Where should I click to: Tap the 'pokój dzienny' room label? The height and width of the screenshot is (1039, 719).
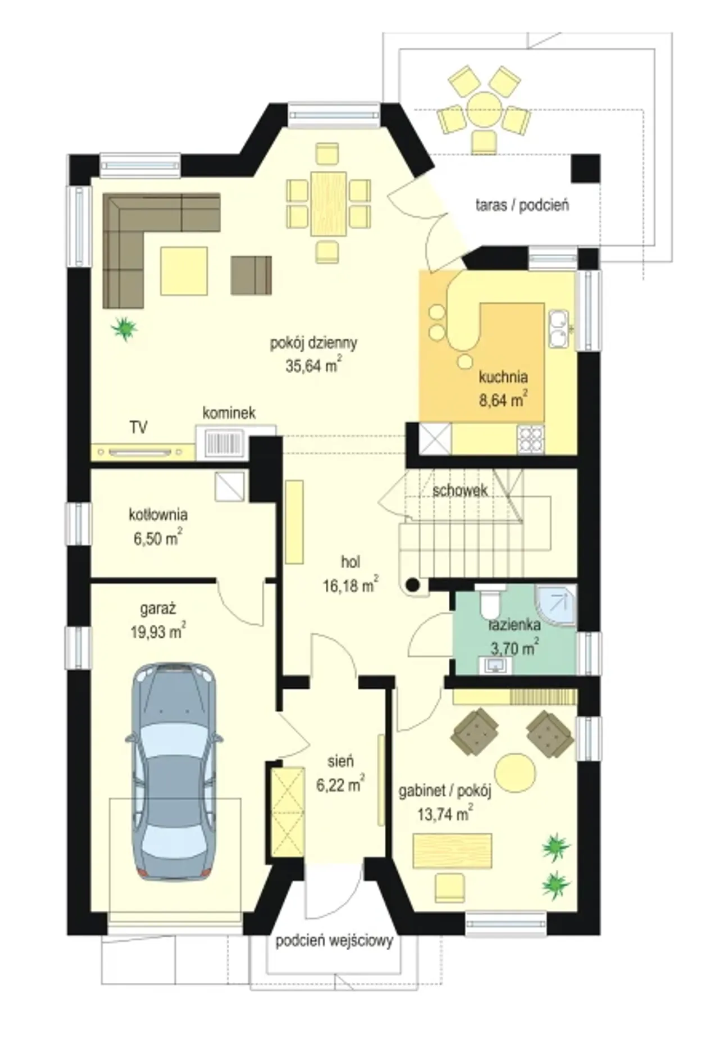point(313,343)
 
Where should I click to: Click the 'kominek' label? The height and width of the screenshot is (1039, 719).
point(229,413)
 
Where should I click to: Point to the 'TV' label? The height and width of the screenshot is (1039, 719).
point(139,428)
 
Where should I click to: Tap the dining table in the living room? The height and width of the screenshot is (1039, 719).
point(328,203)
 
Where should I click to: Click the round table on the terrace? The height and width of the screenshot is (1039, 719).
point(483,109)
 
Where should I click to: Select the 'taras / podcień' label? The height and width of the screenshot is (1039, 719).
point(522,205)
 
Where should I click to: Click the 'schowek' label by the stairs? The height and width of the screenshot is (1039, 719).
point(460,491)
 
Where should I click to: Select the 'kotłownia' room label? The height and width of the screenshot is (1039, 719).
point(158,515)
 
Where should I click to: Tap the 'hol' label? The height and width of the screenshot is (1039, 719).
point(351,562)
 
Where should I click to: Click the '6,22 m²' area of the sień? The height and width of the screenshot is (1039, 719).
point(340,784)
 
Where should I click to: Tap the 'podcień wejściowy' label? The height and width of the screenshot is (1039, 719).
point(334,941)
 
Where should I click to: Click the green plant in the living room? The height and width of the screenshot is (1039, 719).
point(124,328)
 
